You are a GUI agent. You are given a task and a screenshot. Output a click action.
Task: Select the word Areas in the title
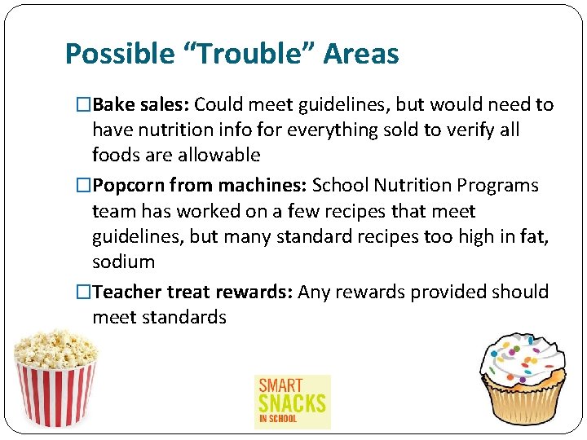coord(361,55)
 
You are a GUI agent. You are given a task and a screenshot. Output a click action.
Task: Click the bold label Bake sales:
coord(141,105)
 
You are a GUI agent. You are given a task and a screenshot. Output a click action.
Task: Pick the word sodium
coord(123,262)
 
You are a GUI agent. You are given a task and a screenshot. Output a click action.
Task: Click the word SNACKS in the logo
coord(292,403)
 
